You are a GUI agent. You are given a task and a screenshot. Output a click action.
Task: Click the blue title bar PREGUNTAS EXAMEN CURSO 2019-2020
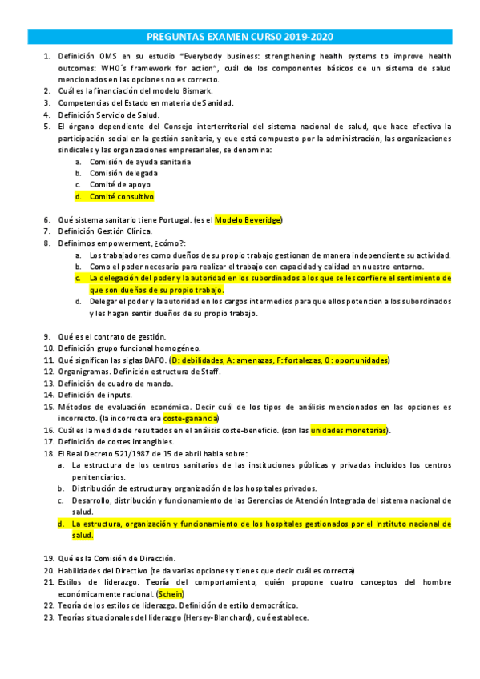click(x=240, y=37)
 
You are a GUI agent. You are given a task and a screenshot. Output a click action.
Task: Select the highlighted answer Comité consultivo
click(x=121, y=196)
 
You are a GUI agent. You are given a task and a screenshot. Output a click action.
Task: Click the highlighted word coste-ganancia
click(x=191, y=418)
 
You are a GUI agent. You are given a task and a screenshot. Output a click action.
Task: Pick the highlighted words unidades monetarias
click(x=348, y=430)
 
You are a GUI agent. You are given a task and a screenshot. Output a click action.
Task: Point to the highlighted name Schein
click(x=171, y=594)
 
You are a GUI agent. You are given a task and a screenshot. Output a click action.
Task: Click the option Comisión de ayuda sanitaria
click(x=140, y=161)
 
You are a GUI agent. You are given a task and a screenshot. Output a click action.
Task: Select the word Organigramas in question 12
click(x=84, y=372)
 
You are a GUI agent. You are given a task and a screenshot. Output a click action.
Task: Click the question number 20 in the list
click(x=48, y=570)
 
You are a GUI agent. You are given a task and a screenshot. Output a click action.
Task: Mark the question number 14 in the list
click(x=48, y=395)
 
